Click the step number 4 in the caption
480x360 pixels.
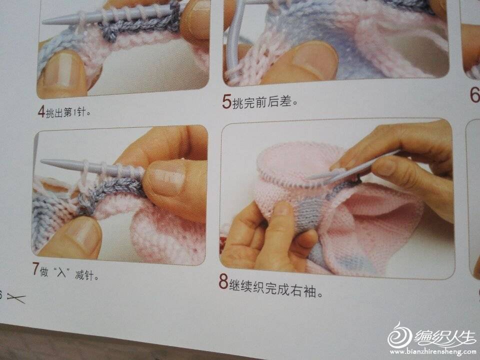point(41,111)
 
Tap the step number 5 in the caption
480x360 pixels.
point(226,101)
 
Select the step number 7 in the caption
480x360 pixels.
point(36,268)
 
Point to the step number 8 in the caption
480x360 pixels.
point(223,281)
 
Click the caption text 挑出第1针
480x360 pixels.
point(68,112)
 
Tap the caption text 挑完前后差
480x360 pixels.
point(264,102)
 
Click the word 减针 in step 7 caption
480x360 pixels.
point(84,274)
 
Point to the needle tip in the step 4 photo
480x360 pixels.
point(43,21)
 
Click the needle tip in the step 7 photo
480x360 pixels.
point(42,161)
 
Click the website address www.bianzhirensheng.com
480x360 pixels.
point(432,351)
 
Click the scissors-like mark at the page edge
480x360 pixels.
point(16,298)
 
